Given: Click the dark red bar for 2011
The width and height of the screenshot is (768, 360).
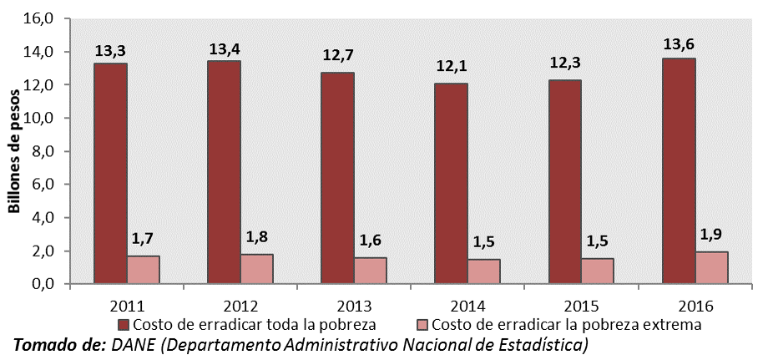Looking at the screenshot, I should pyautogui.click(x=110, y=174).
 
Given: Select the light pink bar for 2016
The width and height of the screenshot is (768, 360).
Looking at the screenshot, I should pyautogui.click(x=711, y=267).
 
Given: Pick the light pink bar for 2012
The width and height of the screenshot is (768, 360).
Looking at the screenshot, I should pyautogui.click(x=257, y=268).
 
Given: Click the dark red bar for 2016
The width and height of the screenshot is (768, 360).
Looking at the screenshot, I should pyautogui.click(x=678, y=171).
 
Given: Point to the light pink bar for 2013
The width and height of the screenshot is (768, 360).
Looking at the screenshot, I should pyautogui.click(x=371, y=270).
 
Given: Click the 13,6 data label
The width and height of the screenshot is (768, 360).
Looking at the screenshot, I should pyautogui.click(x=678, y=42).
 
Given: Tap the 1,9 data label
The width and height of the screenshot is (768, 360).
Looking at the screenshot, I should pyautogui.click(x=711, y=234).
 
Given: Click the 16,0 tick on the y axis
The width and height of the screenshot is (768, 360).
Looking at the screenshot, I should pyautogui.click(x=42, y=18).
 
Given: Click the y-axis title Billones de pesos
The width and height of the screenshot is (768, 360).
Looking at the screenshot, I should pyautogui.click(x=15, y=152).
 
